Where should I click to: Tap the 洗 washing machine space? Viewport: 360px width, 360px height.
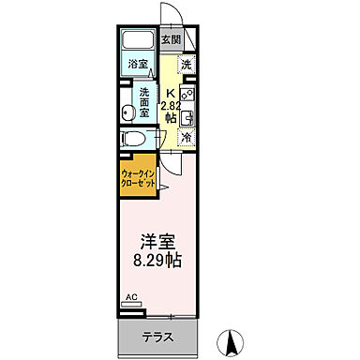(x=186, y=65)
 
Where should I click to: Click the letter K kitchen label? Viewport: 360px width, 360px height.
(x=170, y=92)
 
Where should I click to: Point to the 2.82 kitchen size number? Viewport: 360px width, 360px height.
(x=170, y=105)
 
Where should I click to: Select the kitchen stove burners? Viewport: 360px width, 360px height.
(x=187, y=94)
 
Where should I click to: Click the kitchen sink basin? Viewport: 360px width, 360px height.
(x=187, y=116)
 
